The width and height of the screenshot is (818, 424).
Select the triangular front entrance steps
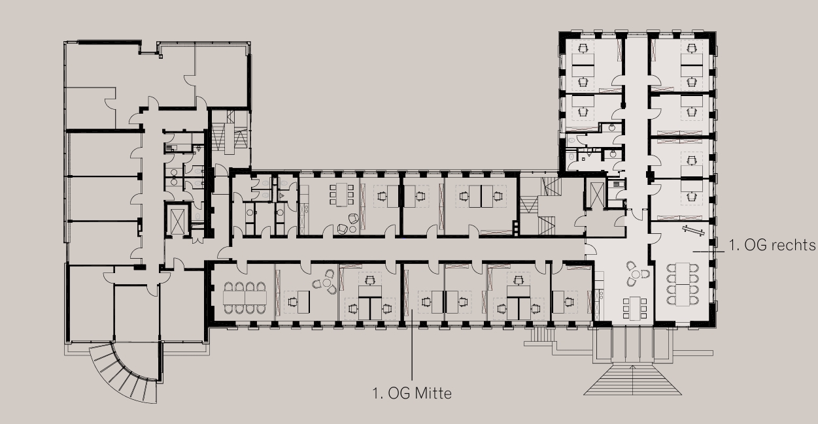633,380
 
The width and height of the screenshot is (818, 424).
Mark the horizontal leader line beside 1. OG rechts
709,252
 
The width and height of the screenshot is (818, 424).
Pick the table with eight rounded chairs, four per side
245,297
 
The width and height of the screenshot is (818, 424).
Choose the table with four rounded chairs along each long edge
683,284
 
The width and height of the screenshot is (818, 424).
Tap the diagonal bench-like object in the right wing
694,231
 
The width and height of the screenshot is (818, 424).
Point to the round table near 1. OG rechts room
636,274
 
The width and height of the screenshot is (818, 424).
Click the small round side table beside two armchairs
352,229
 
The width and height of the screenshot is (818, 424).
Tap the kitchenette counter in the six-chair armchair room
304,210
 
